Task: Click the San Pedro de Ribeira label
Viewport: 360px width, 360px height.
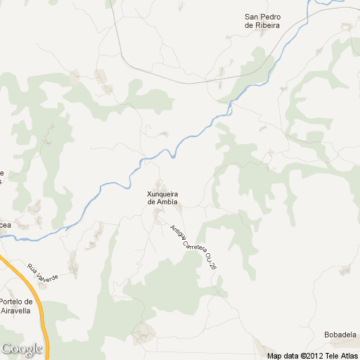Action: (262, 21)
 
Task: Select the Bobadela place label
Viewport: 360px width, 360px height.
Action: (340, 334)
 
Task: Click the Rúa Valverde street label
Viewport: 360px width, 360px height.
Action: (42, 271)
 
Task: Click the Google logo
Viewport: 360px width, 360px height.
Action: (21, 349)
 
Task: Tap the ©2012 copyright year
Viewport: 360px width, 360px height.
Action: (311, 355)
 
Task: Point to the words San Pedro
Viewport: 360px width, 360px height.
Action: (262, 17)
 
